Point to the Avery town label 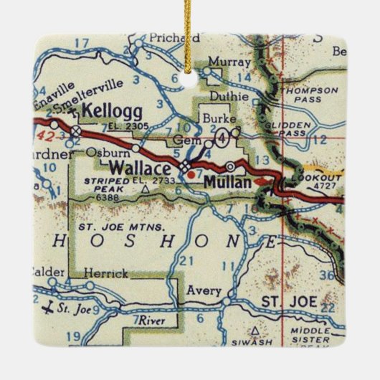click(x=200, y=290)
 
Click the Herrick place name click(x=105, y=273)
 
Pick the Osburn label click(x=112, y=152)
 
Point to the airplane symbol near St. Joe click(x=49, y=309)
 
